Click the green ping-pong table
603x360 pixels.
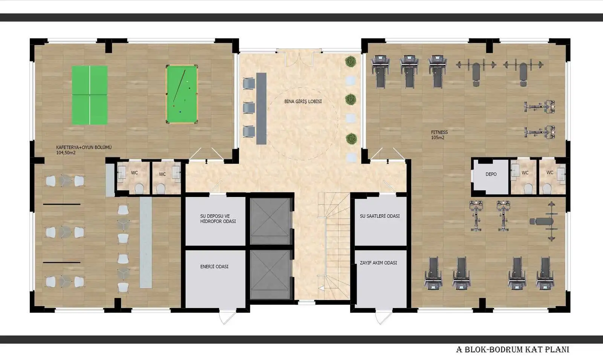click(90, 95)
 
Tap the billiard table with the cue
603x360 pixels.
click(182, 94)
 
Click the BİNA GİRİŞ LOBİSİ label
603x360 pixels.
click(303, 101)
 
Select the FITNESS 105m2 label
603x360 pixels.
click(439, 135)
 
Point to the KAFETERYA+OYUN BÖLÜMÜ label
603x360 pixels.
click(84, 150)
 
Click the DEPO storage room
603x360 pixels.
click(491, 176)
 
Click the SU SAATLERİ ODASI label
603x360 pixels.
click(380, 216)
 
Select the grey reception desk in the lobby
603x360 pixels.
click(261, 108)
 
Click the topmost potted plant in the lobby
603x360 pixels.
click(351, 61)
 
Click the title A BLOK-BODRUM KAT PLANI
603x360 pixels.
click(512, 349)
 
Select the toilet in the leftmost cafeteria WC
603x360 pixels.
click(139, 188)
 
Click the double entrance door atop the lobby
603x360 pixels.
click(299, 57)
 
